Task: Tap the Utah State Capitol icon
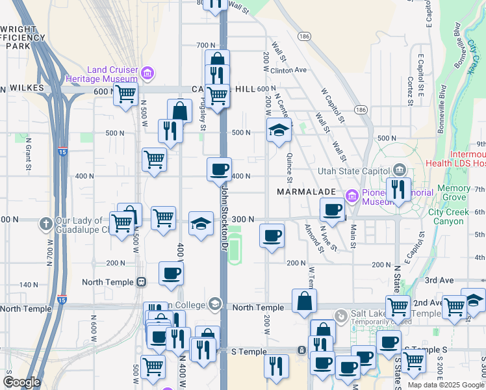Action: [x=399, y=171]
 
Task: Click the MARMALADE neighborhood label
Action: [x=305, y=192]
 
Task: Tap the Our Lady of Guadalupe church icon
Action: [x=45, y=224]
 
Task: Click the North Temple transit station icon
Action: [x=141, y=282]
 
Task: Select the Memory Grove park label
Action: [x=454, y=192]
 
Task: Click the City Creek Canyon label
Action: [x=454, y=216]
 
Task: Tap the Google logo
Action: [x=21, y=382]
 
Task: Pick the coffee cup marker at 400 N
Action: [x=219, y=169]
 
